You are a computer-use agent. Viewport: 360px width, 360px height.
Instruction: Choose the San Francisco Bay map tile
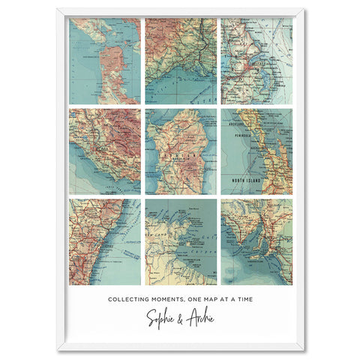pyautogui.click(x=104, y=61)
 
